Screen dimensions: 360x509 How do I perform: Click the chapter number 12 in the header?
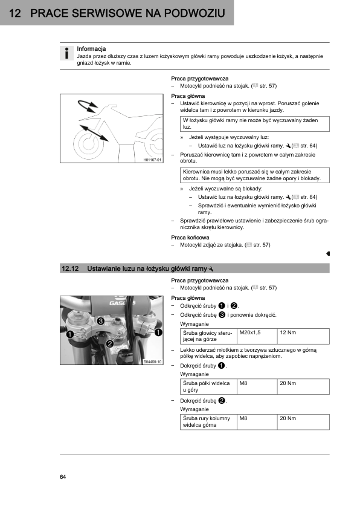(x=15, y=13)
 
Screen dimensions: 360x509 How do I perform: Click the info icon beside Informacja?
(x=66, y=53)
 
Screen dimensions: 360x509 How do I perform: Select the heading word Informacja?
(x=91, y=49)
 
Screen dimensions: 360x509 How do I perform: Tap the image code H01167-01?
(x=152, y=160)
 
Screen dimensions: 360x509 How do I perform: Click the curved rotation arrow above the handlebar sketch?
(x=87, y=106)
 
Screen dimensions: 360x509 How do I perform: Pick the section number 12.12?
(x=70, y=269)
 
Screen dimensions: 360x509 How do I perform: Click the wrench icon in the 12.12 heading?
(x=211, y=269)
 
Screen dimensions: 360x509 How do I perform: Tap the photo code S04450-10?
(x=152, y=362)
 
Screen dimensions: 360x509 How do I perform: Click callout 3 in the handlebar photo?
(x=100, y=321)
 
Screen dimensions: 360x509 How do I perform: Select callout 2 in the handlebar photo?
(x=109, y=344)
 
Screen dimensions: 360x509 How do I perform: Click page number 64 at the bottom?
(x=63, y=477)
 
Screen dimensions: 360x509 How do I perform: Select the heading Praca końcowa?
(x=190, y=238)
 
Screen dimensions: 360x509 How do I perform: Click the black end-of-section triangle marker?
(x=328, y=253)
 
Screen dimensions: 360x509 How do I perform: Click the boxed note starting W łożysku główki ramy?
(x=255, y=124)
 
